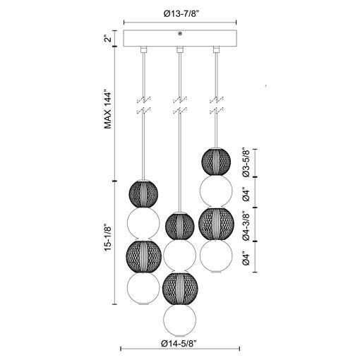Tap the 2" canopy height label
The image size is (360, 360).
click(x=108, y=39)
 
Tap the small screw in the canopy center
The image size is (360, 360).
click(x=181, y=34)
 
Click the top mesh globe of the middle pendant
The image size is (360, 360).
click(x=180, y=227)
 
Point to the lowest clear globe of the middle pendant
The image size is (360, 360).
click(x=180, y=321)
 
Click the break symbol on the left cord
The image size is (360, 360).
click(x=144, y=105)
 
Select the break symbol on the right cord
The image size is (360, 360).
click(x=216, y=105)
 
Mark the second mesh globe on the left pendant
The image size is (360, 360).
click(x=144, y=256)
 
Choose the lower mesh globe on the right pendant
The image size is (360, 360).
click(x=216, y=224)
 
